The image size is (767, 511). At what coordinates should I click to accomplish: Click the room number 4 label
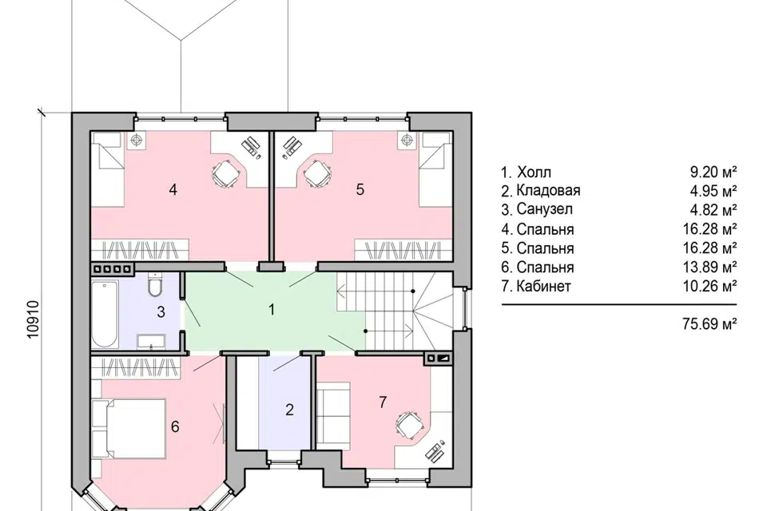click(173, 189)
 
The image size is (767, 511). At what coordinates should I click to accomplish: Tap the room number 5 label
click(360, 189)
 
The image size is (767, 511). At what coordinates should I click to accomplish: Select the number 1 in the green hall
click(272, 310)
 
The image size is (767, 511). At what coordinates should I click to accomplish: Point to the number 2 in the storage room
click(289, 410)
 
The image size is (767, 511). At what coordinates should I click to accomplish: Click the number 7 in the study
click(383, 402)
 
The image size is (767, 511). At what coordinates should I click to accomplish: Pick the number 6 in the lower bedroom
click(175, 427)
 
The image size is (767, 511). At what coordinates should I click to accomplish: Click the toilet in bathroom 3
click(154, 286)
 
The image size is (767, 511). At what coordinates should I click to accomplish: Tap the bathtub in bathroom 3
click(105, 313)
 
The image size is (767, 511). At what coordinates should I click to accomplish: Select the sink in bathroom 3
click(151, 341)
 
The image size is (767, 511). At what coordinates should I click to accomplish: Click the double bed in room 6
click(129, 429)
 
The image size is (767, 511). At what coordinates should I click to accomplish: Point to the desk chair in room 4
click(225, 173)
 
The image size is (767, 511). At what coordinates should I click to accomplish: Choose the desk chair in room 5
click(318, 173)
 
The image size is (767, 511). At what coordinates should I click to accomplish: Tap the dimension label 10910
click(32, 320)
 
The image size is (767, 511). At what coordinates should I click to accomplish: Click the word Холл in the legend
click(534, 172)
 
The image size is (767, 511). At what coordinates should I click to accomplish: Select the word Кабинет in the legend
click(543, 286)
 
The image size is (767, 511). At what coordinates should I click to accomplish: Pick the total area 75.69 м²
click(709, 323)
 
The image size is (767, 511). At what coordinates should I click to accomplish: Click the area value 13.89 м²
click(709, 267)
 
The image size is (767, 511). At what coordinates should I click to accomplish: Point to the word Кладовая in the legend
click(548, 190)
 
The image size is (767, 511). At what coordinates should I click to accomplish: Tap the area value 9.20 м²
click(713, 172)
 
